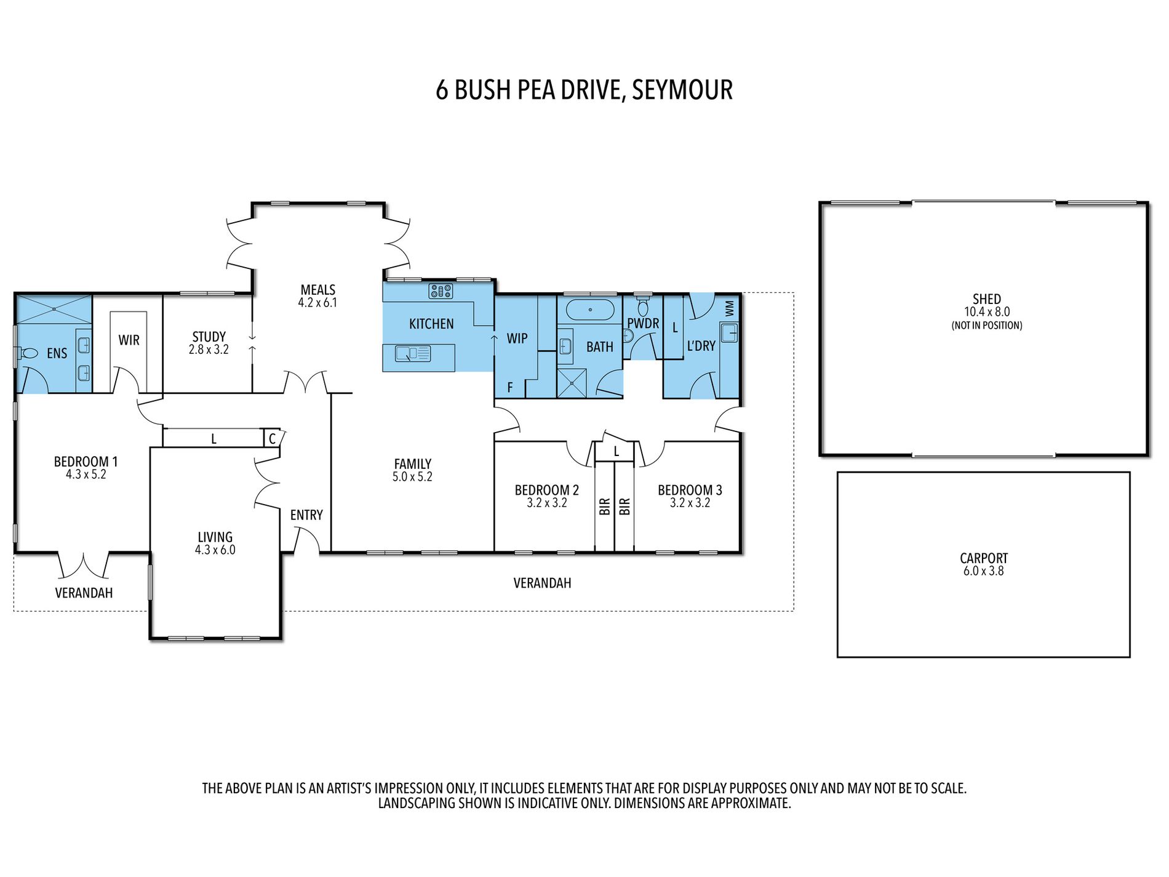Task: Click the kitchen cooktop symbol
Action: pyautogui.click(x=441, y=291)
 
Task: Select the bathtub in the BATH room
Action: pyautogui.click(x=590, y=310)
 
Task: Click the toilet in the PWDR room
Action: pyautogui.click(x=643, y=306)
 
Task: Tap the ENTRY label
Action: pyautogui.click(x=306, y=515)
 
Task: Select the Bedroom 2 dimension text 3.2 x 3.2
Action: pyautogui.click(x=546, y=503)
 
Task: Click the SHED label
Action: pyautogui.click(x=986, y=299)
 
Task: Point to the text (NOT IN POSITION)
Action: pyautogui.click(x=986, y=326)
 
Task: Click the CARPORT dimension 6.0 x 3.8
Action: pyautogui.click(x=983, y=571)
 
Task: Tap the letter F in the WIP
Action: pyautogui.click(x=509, y=388)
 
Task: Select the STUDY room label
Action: pyautogui.click(x=209, y=337)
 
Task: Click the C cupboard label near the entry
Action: pyautogui.click(x=272, y=438)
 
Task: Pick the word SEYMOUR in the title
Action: pyautogui.click(x=682, y=90)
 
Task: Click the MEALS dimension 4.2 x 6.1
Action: pyautogui.click(x=317, y=303)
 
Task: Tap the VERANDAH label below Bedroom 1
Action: pyautogui.click(x=84, y=593)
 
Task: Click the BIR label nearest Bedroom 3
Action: pyautogui.click(x=624, y=507)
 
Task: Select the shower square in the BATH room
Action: pyautogui.click(x=573, y=383)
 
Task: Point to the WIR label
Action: pyautogui.click(x=129, y=340)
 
